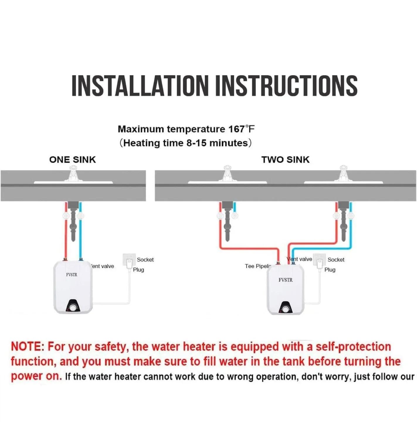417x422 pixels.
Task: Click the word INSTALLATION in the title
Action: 140,86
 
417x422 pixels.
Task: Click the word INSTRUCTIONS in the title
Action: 286,86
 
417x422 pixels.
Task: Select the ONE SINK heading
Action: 72,160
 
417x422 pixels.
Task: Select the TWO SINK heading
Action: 285,160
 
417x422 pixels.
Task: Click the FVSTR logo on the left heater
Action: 72,275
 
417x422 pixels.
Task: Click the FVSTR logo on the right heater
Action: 285,280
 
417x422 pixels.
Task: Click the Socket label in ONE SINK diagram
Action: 145,260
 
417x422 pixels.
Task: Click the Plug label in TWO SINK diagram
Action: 330,270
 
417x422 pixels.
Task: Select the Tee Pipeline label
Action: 258,266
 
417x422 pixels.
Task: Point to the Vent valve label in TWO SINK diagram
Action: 299,259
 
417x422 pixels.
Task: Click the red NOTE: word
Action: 28,347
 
